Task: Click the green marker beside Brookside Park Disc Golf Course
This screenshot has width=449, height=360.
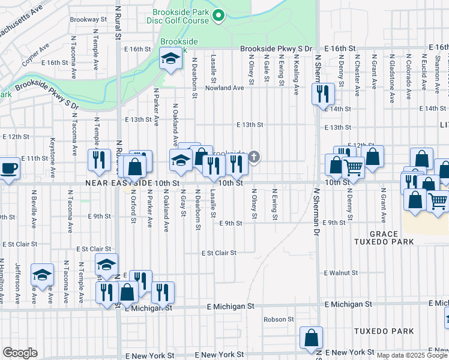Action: pos(219,16)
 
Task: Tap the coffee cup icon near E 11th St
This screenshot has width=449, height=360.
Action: pos(9,167)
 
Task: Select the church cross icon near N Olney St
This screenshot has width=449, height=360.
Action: pos(254,158)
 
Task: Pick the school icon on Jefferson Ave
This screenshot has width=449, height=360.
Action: pos(43,274)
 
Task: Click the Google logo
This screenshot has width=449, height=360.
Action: pos(20,353)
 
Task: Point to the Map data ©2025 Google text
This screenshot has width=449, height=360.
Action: pos(411,355)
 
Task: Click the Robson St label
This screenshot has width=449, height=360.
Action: pos(277,319)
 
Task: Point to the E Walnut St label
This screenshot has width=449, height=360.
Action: pos(340,272)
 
